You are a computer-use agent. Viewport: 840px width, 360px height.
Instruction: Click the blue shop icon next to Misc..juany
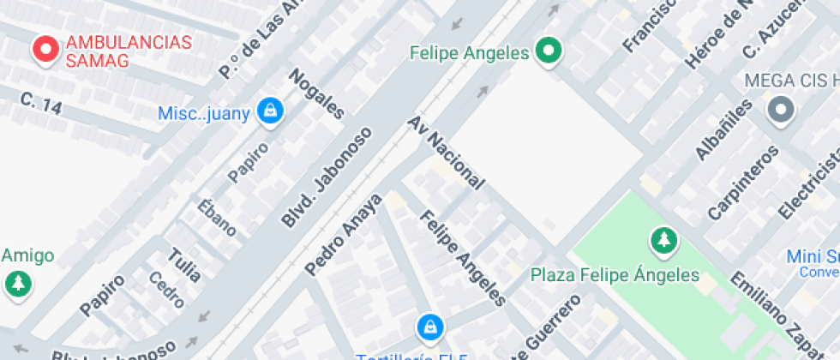tap(271, 112)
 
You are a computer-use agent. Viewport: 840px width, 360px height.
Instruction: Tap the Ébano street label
tap(216, 217)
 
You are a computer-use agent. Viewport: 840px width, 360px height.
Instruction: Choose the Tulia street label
tap(184, 265)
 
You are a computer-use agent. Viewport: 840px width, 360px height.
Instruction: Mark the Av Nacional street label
tap(447, 153)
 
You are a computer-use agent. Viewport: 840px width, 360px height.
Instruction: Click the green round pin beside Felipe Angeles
tap(549, 52)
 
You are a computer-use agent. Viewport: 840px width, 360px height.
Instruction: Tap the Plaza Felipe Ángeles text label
tap(615, 276)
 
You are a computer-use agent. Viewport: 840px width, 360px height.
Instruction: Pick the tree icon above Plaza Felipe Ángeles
tap(663, 242)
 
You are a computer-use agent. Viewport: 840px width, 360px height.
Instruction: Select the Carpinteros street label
tap(742, 182)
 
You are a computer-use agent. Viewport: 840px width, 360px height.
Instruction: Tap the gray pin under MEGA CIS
tap(780, 111)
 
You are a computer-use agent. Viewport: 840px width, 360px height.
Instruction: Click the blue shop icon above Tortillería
tap(429, 327)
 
